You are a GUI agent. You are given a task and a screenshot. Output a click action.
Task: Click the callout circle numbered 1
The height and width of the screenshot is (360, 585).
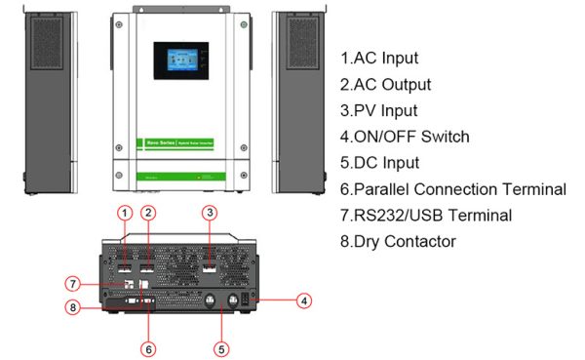click(x=124, y=212)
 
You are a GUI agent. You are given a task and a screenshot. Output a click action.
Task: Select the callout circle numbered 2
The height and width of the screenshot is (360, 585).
click(x=148, y=212)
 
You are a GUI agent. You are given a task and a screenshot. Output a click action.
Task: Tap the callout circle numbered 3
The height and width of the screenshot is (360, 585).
click(x=209, y=212)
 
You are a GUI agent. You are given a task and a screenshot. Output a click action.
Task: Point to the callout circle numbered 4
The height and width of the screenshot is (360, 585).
click(x=304, y=300)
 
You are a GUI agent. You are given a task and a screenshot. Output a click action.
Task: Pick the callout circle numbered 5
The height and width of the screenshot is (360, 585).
click(x=220, y=346)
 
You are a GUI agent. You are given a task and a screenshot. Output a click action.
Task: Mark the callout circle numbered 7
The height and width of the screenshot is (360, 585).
click(x=71, y=284)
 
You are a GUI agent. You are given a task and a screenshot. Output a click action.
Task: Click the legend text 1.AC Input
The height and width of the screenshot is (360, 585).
click(x=379, y=58)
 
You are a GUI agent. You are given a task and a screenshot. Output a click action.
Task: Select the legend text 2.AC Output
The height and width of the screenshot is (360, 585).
click(x=385, y=84)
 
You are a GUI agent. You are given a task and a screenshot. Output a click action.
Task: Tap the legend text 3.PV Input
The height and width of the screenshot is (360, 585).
click(x=379, y=110)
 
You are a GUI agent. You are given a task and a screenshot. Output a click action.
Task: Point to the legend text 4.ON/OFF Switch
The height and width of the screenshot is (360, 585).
click(x=405, y=137)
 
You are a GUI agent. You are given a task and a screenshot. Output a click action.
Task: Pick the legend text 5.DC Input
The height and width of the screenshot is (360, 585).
click(x=379, y=163)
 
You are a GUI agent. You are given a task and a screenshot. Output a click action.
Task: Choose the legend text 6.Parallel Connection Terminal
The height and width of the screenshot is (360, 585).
click(x=452, y=189)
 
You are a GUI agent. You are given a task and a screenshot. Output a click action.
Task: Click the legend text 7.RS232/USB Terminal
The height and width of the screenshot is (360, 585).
click(x=426, y=215)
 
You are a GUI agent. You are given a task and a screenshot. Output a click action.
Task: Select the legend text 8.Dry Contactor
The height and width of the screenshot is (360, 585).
click(x=398, y=241)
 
